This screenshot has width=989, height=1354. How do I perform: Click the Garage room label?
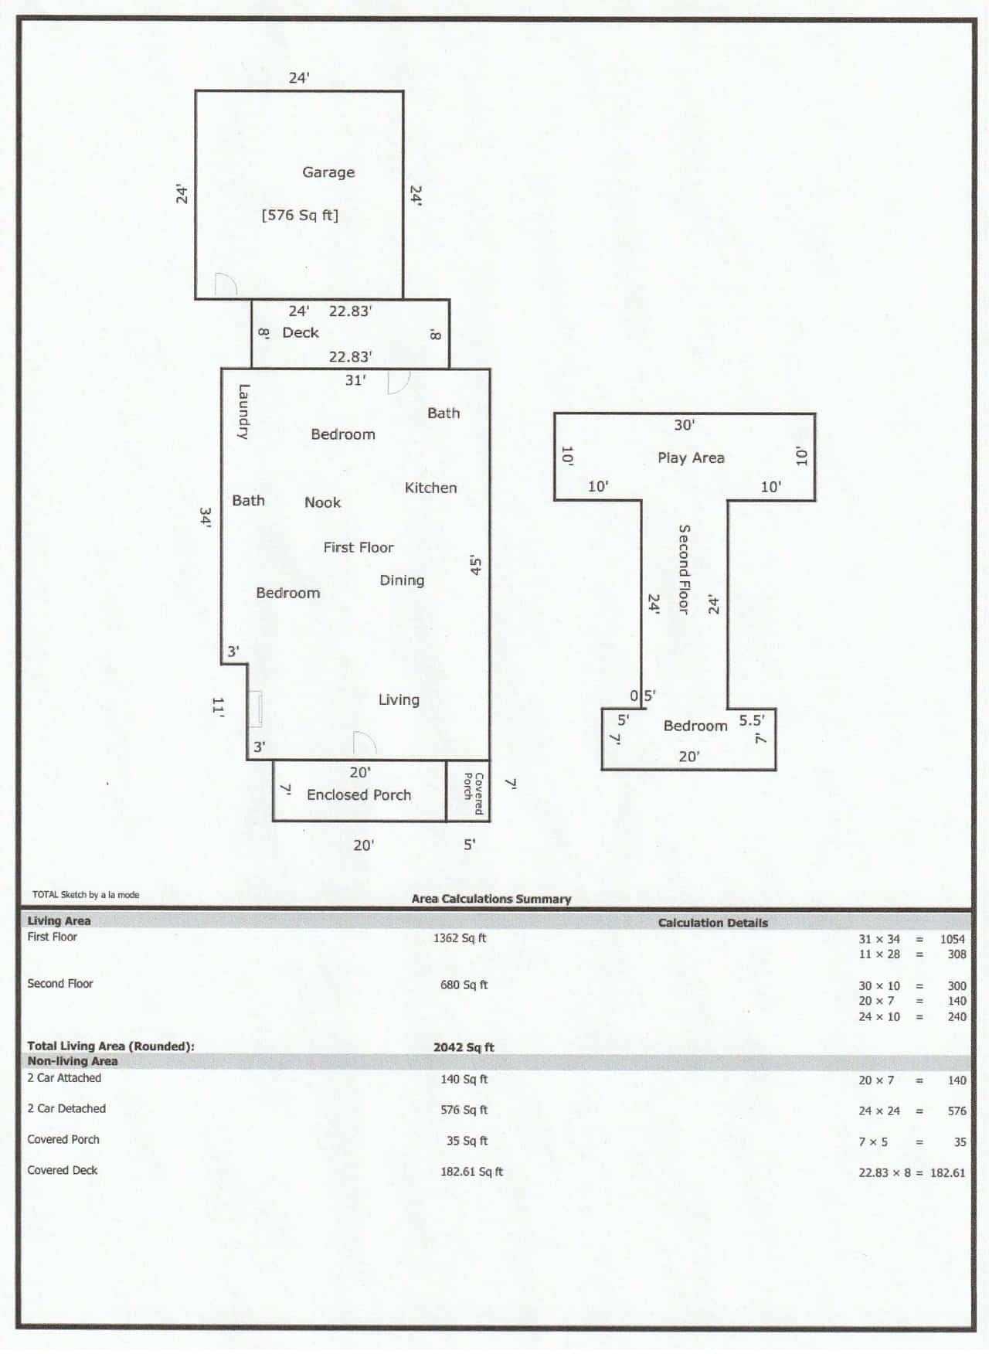pyautogui.click(x=328, y=172)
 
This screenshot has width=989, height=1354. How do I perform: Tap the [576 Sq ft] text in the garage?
pyautogui.click(x=300, y=215)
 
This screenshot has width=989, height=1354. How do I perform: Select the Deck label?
pyautogui.click(x=301, y=332)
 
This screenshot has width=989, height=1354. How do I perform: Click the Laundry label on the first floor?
pyautogui.click(x=243, y=412)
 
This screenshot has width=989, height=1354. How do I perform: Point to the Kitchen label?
pyautogui.click(x=430, y=488)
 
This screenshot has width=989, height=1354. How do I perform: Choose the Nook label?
pyautogui.click(x=322, y=502)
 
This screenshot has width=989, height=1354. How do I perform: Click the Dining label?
pyautogui.click(x=402, y=580)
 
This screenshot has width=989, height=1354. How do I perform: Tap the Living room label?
pyautogui.click(x=399, y=699)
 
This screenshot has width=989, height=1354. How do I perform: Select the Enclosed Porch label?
pyautogui.click(x=359, y=794)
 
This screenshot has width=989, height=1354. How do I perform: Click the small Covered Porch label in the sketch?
pyautogui.click(x=473, y=794)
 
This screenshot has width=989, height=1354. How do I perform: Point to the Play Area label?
pyautogui.click(x=691, y=458)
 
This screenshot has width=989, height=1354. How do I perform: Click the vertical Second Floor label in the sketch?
pyautogui.click(x=684, y=570)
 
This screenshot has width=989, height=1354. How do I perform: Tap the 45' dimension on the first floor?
pyautogui.click(x=476, y=565)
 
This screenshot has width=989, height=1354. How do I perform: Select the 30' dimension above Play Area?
pyautogui.click(x=684, y=424)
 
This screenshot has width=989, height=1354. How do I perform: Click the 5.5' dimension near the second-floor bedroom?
pyautogui.click(x=751, y=720)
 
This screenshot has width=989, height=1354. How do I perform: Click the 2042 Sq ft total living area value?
pyautogui.click(x=464, y=1047)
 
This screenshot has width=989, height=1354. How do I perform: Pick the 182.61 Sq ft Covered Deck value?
pyautogui.click(x=471, y=1172)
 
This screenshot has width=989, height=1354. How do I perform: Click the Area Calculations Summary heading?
pyautogui.click(x=491, y=899)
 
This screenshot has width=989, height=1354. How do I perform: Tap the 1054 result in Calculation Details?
pyautogui.click(x=953, y=939)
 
